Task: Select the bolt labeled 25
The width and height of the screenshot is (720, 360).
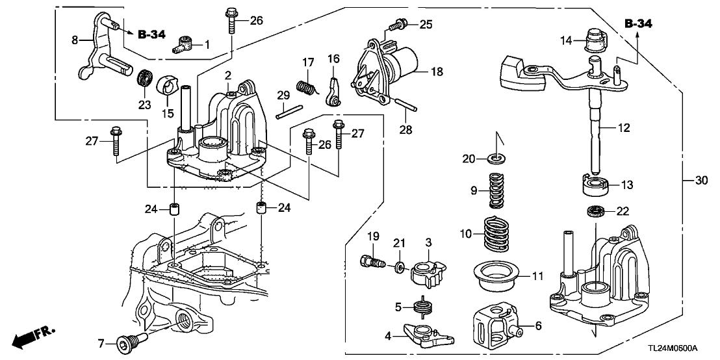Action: tap(396, 25)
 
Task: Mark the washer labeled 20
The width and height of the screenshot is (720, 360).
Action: tap(497, 159)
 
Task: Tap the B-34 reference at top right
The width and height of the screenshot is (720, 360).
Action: tap(638, 23)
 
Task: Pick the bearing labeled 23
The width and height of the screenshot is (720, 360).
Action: tap(144, 81)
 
